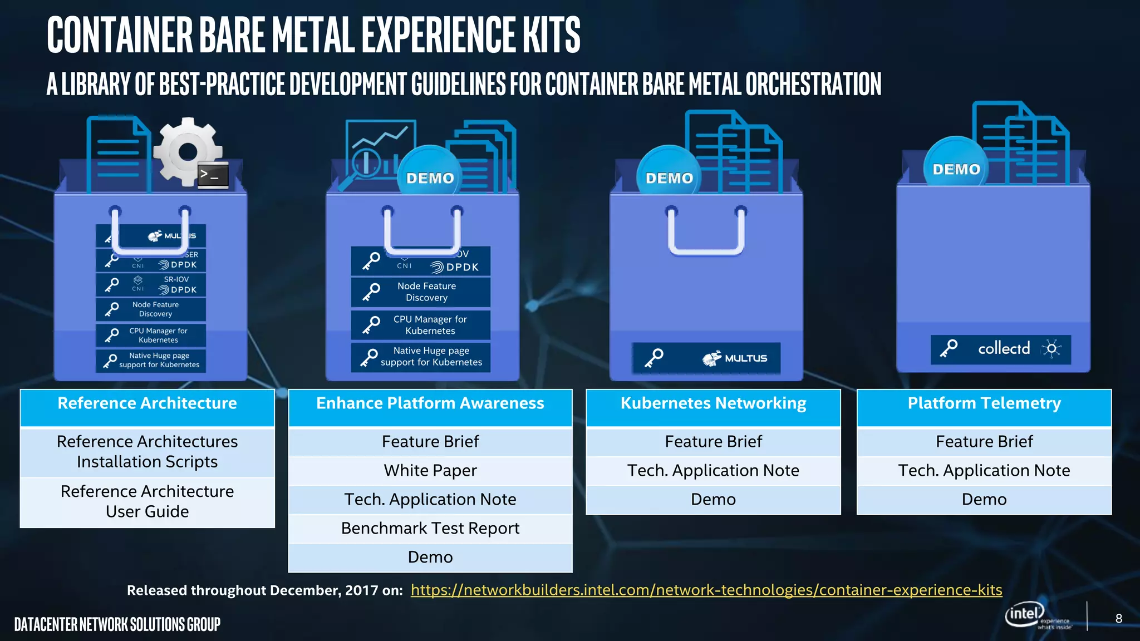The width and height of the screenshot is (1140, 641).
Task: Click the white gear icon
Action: click(x=187, y=151)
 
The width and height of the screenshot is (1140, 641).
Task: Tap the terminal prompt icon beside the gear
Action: click(x=213, y=175)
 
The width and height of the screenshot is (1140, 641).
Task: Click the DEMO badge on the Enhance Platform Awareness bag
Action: click(x=430, y=177)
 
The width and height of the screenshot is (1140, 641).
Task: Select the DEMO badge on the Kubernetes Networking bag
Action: click(x=669, y=177)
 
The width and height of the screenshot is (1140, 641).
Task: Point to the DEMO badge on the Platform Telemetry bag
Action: click(x=956, y=169)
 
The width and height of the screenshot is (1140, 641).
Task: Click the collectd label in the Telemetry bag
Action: click(x=1004, y=349)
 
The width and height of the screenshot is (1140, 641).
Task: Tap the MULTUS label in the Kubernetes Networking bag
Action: click(x=735, y=358)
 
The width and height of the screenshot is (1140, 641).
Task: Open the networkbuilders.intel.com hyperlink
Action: click(x=706, y=590)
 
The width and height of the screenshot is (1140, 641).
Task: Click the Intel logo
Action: click(x=1025, y=614)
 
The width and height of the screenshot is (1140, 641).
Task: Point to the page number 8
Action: click(x=1118, y=619)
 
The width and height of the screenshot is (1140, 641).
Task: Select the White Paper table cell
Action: click(x=430, y=471)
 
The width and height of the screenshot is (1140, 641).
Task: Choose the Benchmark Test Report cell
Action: click(x=430, y=529)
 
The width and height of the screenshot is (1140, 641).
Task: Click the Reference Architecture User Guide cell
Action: click(x=148, y=501)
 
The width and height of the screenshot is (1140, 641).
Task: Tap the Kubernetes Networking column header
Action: click(x=713, y=404)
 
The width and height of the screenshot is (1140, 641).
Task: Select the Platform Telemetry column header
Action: click(x=984, y=404)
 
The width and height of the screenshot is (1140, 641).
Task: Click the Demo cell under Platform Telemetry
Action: click(x=984, y=500)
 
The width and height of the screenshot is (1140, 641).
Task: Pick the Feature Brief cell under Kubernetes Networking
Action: click(x=713, y=442)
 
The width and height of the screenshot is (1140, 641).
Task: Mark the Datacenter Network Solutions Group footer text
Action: click(x=117, y=624)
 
